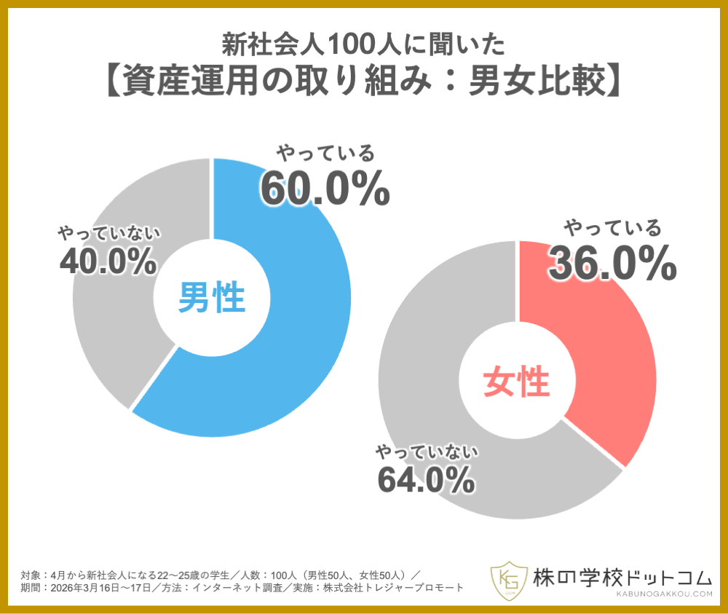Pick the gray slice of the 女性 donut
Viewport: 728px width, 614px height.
[437, 437]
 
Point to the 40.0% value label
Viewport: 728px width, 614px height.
[108, 260]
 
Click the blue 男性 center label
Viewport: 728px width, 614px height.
[212, 298]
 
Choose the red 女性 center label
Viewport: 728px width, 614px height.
[516, 381]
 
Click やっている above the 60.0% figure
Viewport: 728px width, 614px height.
[325, 154]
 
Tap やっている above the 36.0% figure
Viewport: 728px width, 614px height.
[612, 229]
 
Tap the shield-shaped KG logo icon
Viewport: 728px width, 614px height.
[507, 578]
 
